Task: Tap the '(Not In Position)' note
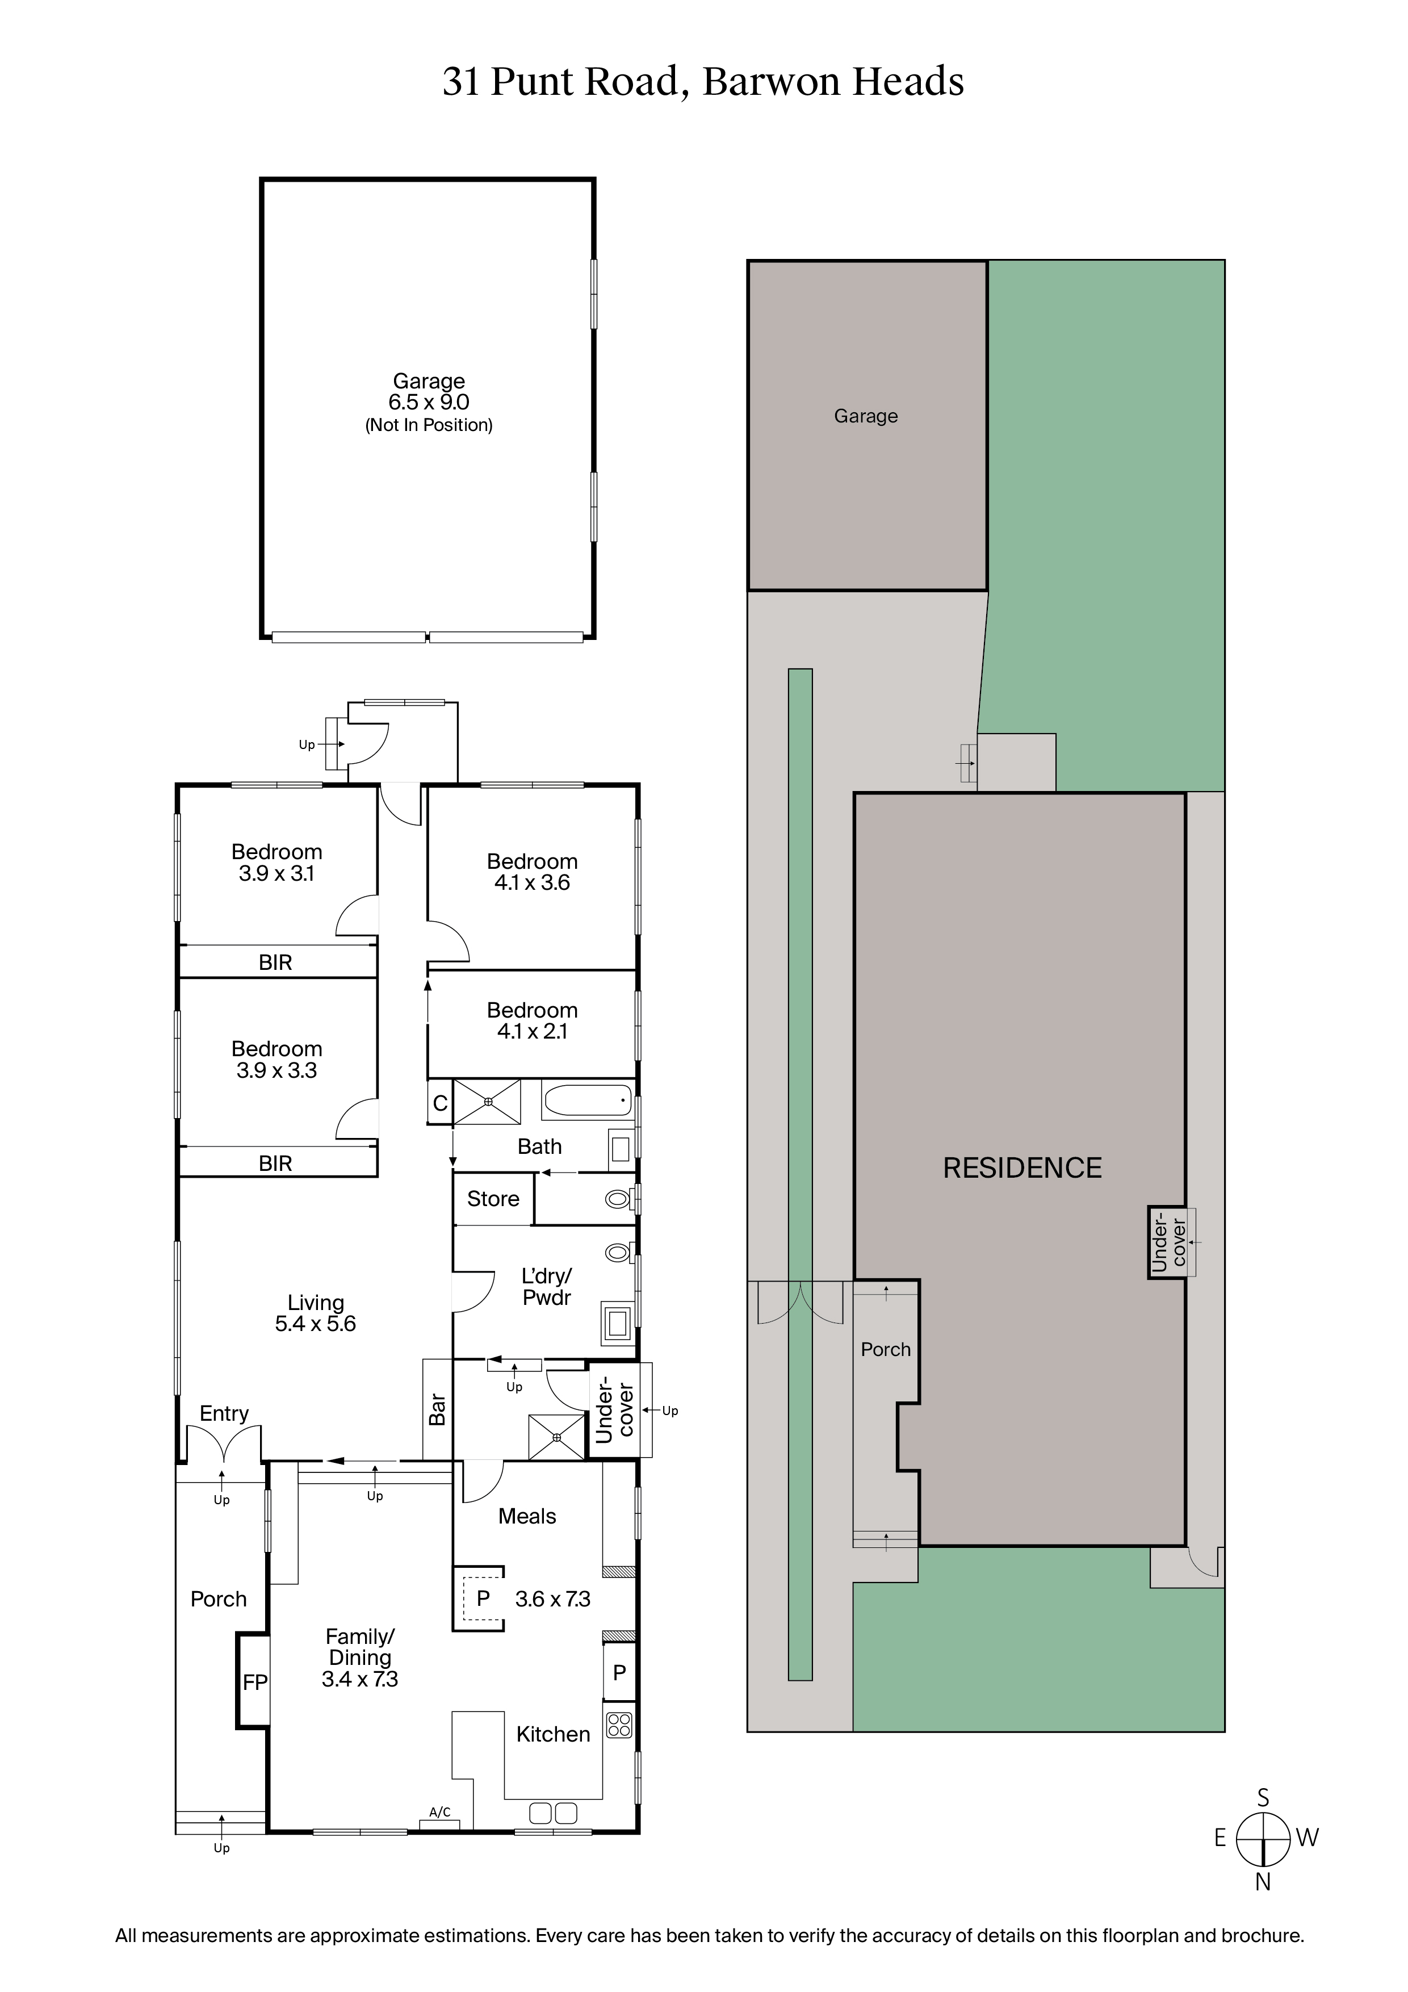click(429, 425)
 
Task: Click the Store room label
click(493, 1199)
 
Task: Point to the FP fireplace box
click(254, 1683)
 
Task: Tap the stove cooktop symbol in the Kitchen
click(619, 1725)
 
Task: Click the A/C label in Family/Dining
click(440, 1811)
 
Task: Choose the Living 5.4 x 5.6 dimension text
click(315, 1324)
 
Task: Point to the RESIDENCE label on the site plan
click(1022, 1168)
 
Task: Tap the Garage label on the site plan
click(866, 416)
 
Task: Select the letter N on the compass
click(1263, 1882)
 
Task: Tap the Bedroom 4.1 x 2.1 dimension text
click(532, 1032)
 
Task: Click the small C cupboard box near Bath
click(440, 1103)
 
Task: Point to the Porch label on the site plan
click(886, 1349)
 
